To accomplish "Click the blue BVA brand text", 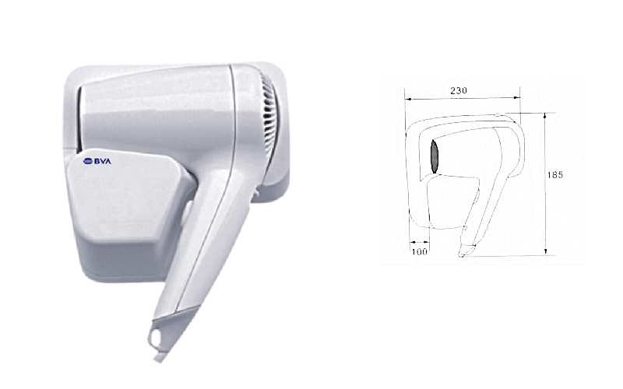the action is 103,161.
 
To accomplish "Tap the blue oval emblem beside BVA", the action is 88,161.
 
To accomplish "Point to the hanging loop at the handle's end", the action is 155,338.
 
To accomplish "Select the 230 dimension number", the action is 459,90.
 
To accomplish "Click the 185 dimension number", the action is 555,174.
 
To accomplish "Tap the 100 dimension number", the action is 419,251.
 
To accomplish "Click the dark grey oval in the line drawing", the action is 435,156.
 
